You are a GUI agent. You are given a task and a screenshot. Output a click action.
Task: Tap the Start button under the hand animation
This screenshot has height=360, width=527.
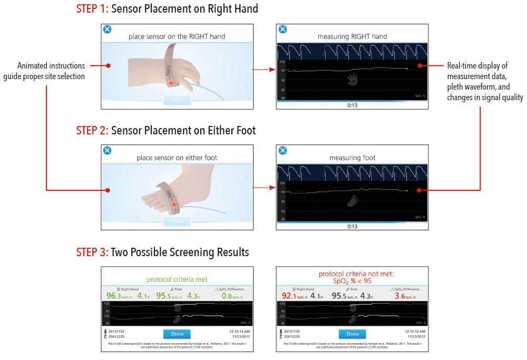[x=177, y=100]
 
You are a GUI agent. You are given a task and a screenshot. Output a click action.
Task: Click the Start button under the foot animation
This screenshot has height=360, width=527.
[x=177, y=221]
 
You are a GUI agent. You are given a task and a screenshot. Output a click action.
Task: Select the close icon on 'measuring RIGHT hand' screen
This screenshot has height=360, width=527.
[x=282, y=30]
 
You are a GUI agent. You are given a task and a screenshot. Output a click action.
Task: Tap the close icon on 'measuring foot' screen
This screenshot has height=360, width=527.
[x=282, y=151]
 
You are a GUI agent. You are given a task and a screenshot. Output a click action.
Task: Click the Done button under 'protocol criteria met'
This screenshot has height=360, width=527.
[x=177, y=334]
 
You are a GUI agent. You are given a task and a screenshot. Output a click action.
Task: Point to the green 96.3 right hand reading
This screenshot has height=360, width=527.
[x=113, y=296]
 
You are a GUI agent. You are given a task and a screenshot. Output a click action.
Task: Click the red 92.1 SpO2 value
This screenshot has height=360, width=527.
[x=289, y=296]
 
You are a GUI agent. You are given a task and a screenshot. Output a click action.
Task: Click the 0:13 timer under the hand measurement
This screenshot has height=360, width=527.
[x=353, y=105]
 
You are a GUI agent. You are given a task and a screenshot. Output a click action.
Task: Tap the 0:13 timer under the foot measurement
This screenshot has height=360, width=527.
[x=353, y=226]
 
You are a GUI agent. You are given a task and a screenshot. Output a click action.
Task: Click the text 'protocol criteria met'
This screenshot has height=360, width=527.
[x=177, y=280]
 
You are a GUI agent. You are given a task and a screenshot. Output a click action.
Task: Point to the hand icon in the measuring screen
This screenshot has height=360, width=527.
[x=353, y=79]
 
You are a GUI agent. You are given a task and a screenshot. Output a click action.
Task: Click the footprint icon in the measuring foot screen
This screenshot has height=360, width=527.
[x=353, y=200]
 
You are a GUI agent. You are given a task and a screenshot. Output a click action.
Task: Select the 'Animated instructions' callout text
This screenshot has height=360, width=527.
[x=51, y=71]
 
